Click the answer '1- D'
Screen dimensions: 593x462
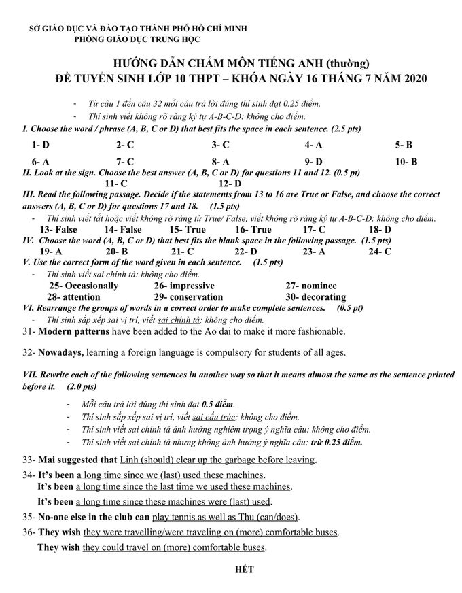point(40,145)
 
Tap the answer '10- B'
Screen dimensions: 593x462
point(406,162)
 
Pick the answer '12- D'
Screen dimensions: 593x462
point(230,183)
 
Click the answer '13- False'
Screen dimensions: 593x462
point(58,230)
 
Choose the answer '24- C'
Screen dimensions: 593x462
point(380,252)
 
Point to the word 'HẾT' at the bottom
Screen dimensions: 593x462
point(244,569)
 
